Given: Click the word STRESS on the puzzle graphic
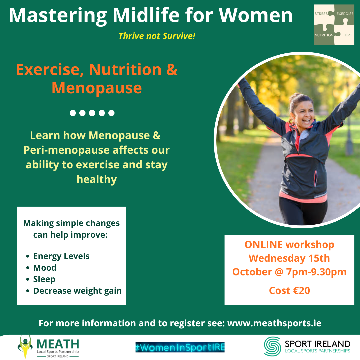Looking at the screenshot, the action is (x=321, y=14).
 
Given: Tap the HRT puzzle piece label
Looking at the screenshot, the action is (x=348, y=35).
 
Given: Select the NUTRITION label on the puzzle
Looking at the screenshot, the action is (x=324, y=35).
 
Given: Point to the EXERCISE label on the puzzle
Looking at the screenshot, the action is (x=345, y=14).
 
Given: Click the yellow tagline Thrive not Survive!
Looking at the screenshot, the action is (x=157, y=36).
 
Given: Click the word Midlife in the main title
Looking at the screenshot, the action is (x=146, y=15).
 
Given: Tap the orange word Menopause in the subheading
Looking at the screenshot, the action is (x=97, y=88).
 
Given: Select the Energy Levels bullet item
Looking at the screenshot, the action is (x=61, y=256).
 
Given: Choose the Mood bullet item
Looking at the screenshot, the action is (x=45, y=268).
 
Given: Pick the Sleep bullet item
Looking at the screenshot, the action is (x=44, y=279).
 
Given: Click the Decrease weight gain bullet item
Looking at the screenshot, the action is (x=77, y=291).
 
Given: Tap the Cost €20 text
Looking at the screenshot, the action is (x=289, y=291).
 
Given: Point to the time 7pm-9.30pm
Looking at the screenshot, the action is (x=316, y=272).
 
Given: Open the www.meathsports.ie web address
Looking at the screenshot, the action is (x=274, y=323).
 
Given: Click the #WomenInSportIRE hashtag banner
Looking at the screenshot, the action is (x=180, y=347).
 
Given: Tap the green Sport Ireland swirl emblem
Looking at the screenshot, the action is (x=272, y=346).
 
